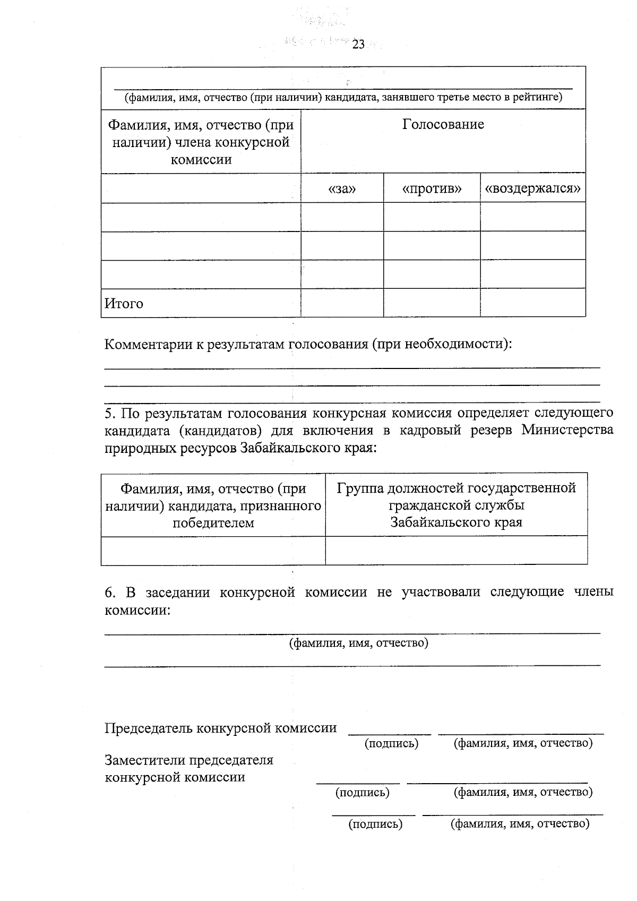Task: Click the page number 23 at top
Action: click(358, 45)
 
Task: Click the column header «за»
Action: click(342, 189)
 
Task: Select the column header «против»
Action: click(432, 189)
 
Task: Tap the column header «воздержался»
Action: click(532, 189)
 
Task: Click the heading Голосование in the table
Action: click(443, 125)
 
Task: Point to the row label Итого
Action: click(124, 304)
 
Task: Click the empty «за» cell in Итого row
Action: click(342, 303)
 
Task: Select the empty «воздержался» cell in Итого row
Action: click(532, 303)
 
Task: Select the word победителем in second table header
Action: click(213, 523)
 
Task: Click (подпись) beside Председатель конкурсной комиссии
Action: click(391, 743)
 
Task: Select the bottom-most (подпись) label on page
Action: click(375, 824)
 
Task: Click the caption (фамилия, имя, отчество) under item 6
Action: click(358, 643)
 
